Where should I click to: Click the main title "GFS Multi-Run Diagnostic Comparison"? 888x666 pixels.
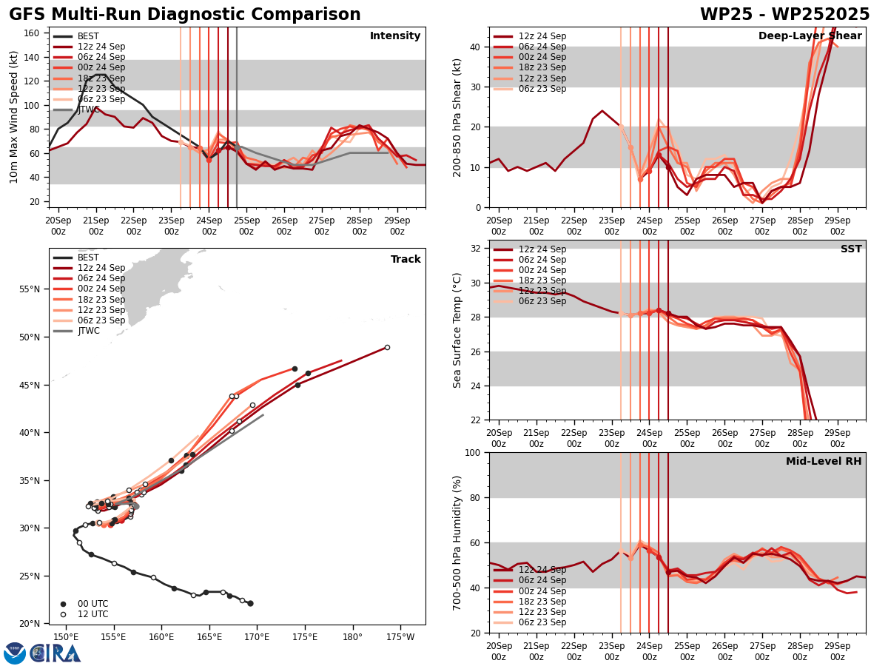(x=185, y=15)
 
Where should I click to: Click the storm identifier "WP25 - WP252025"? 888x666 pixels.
(x=784, y=15)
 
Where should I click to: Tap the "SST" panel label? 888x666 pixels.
(x=851, y=249)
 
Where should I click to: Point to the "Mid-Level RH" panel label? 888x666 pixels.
(x=824, y=462)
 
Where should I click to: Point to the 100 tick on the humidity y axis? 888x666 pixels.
(x=471, y=452)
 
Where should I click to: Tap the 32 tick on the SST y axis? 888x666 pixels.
(x=477, y=248)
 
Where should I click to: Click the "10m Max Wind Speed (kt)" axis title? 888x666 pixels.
(x=14, y=117)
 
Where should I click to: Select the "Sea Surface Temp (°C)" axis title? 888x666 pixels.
(x=458, y=330)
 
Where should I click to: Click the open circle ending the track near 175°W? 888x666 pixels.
(x=387, y=347)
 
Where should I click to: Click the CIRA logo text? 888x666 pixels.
(x=55, y=653)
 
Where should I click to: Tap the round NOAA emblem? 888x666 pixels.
(x=15, y=653)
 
